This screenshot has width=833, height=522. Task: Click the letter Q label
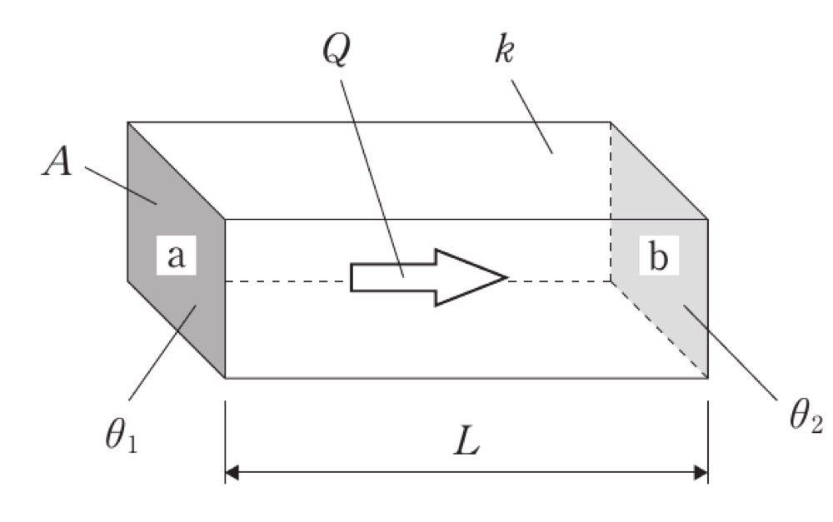pyautogui.click(x=337, y=51)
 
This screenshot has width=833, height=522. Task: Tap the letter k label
pyautogui.click(x=504, y=51)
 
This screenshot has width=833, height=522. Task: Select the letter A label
pyautogui.click(x=57, y=162)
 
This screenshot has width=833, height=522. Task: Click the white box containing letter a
pyautogui.click(x=177, y=255)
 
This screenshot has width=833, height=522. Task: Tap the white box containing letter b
pyautogui.click(x=659, y=256)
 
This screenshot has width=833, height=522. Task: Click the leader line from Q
pyautogui.click(x=372, y=178)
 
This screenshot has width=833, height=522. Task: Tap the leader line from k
pyautogui.click(x=531, y=117)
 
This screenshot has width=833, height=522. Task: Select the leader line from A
pyautogui.click(x=121, y=186)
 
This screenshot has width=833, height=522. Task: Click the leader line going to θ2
pyautogui.click(x=731, y=351)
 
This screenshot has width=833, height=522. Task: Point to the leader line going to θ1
pyautogui.click(x=162, y=352)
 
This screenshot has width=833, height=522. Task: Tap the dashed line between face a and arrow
pyautogui.click(x=287, y=281)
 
